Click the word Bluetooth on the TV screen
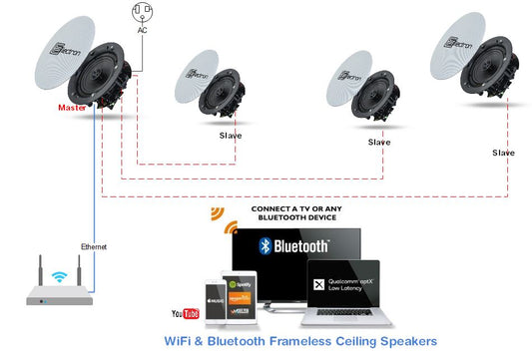coord(303,246)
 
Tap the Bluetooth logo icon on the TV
coord(266,246)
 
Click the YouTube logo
coord(186,314)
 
